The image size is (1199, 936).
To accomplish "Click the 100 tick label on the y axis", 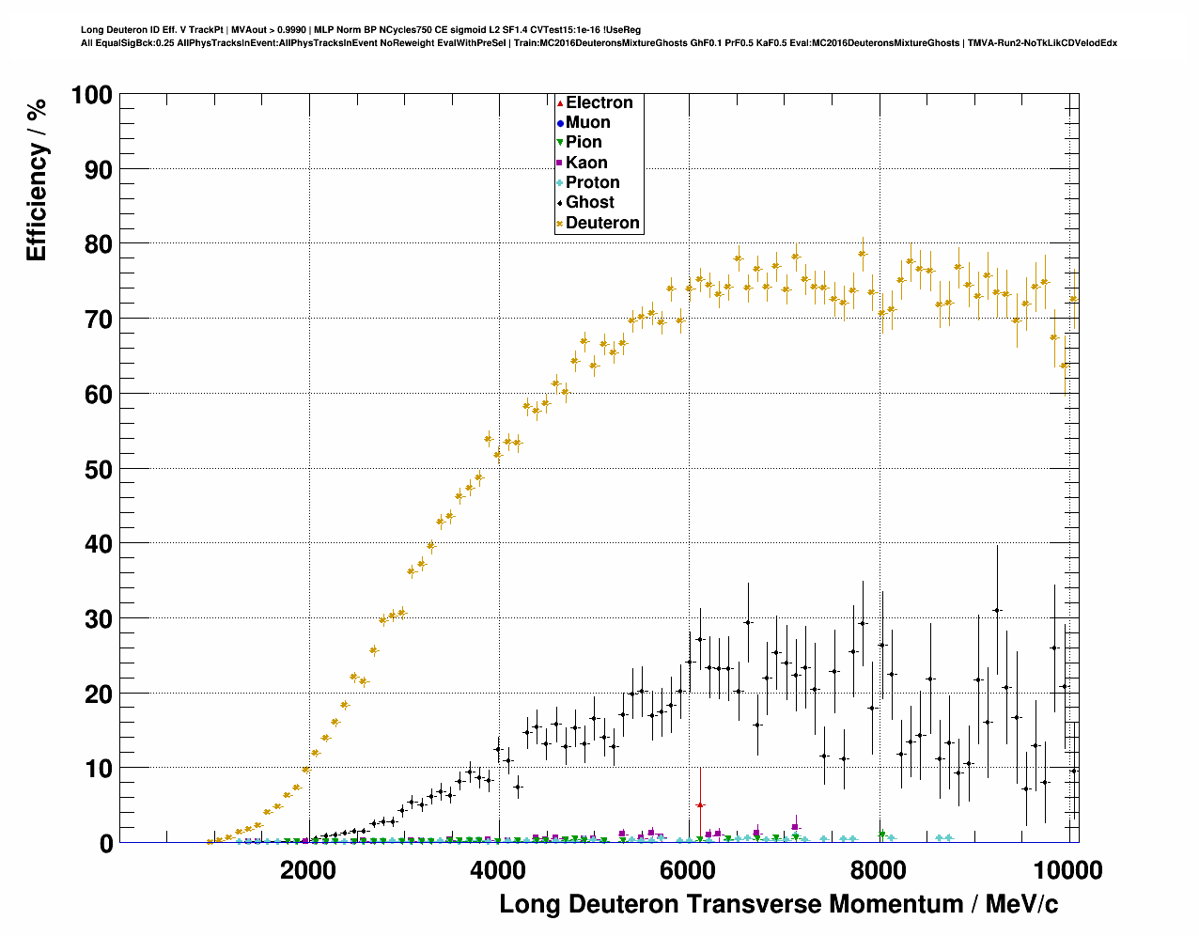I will pos(91,95).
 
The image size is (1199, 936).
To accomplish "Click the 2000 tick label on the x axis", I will pos(307,870).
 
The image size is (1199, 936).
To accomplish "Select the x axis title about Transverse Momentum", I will pos(778,905).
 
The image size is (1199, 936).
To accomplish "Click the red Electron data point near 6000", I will pos(699,805).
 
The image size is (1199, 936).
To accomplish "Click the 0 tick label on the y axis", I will pos(105,843).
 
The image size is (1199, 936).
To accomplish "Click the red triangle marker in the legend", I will pos(560,102).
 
